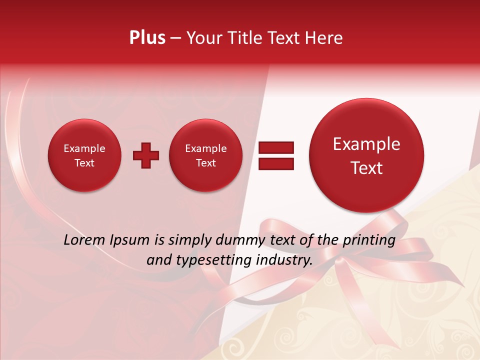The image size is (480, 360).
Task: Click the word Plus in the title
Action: [147, 38]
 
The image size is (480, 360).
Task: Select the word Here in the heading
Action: [324, 38]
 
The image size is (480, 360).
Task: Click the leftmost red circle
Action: [84, 155]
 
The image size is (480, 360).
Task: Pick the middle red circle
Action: [205, 155]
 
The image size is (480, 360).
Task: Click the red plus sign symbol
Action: [146, 155]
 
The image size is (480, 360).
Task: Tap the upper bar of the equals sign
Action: [276, 147]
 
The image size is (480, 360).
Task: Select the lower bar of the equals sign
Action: [276, 163]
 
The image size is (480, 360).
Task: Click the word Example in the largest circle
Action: [366, 144]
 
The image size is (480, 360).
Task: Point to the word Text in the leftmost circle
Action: [84, 163]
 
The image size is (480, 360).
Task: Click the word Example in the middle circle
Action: [205, 148]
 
